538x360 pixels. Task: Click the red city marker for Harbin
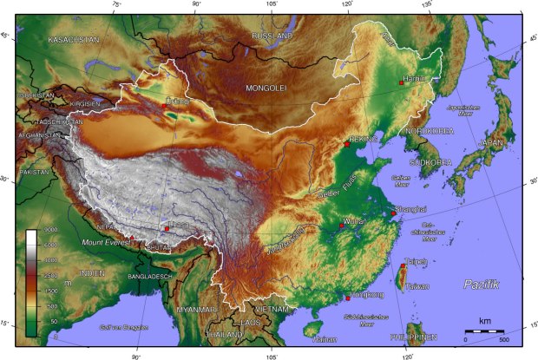401,82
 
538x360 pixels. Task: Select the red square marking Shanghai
394,212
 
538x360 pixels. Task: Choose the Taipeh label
416,260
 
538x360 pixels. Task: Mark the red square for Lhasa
167,228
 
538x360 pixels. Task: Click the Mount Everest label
107,240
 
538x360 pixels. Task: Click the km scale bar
483,331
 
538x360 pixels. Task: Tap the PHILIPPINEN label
412,336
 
